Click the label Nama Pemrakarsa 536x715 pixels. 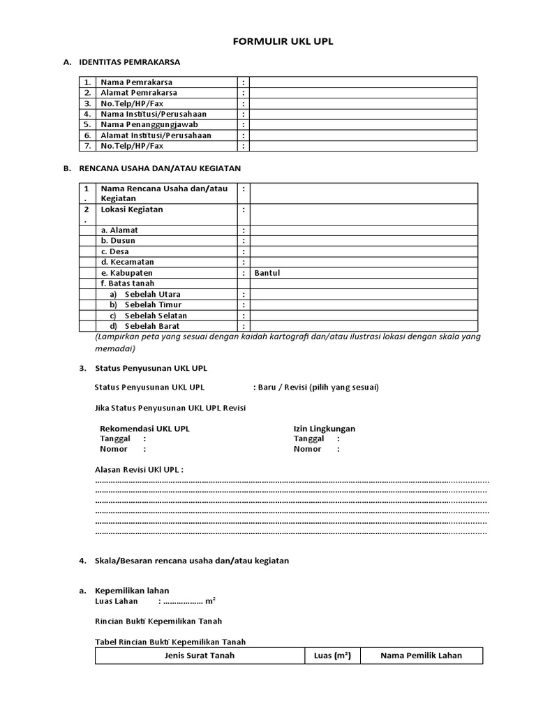point(137,82)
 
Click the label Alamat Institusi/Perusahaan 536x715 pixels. point(156,135)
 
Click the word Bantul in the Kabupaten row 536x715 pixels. point(268,273)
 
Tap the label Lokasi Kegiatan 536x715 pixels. point(132,209)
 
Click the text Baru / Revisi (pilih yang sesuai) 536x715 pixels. point(318,388)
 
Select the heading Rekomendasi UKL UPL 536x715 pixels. point(144,429)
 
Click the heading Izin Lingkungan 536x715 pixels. point(324,429)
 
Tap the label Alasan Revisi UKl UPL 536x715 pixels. point(139,470)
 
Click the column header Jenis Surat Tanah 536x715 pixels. point(200,656)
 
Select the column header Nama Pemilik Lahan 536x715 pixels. point(421,656)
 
